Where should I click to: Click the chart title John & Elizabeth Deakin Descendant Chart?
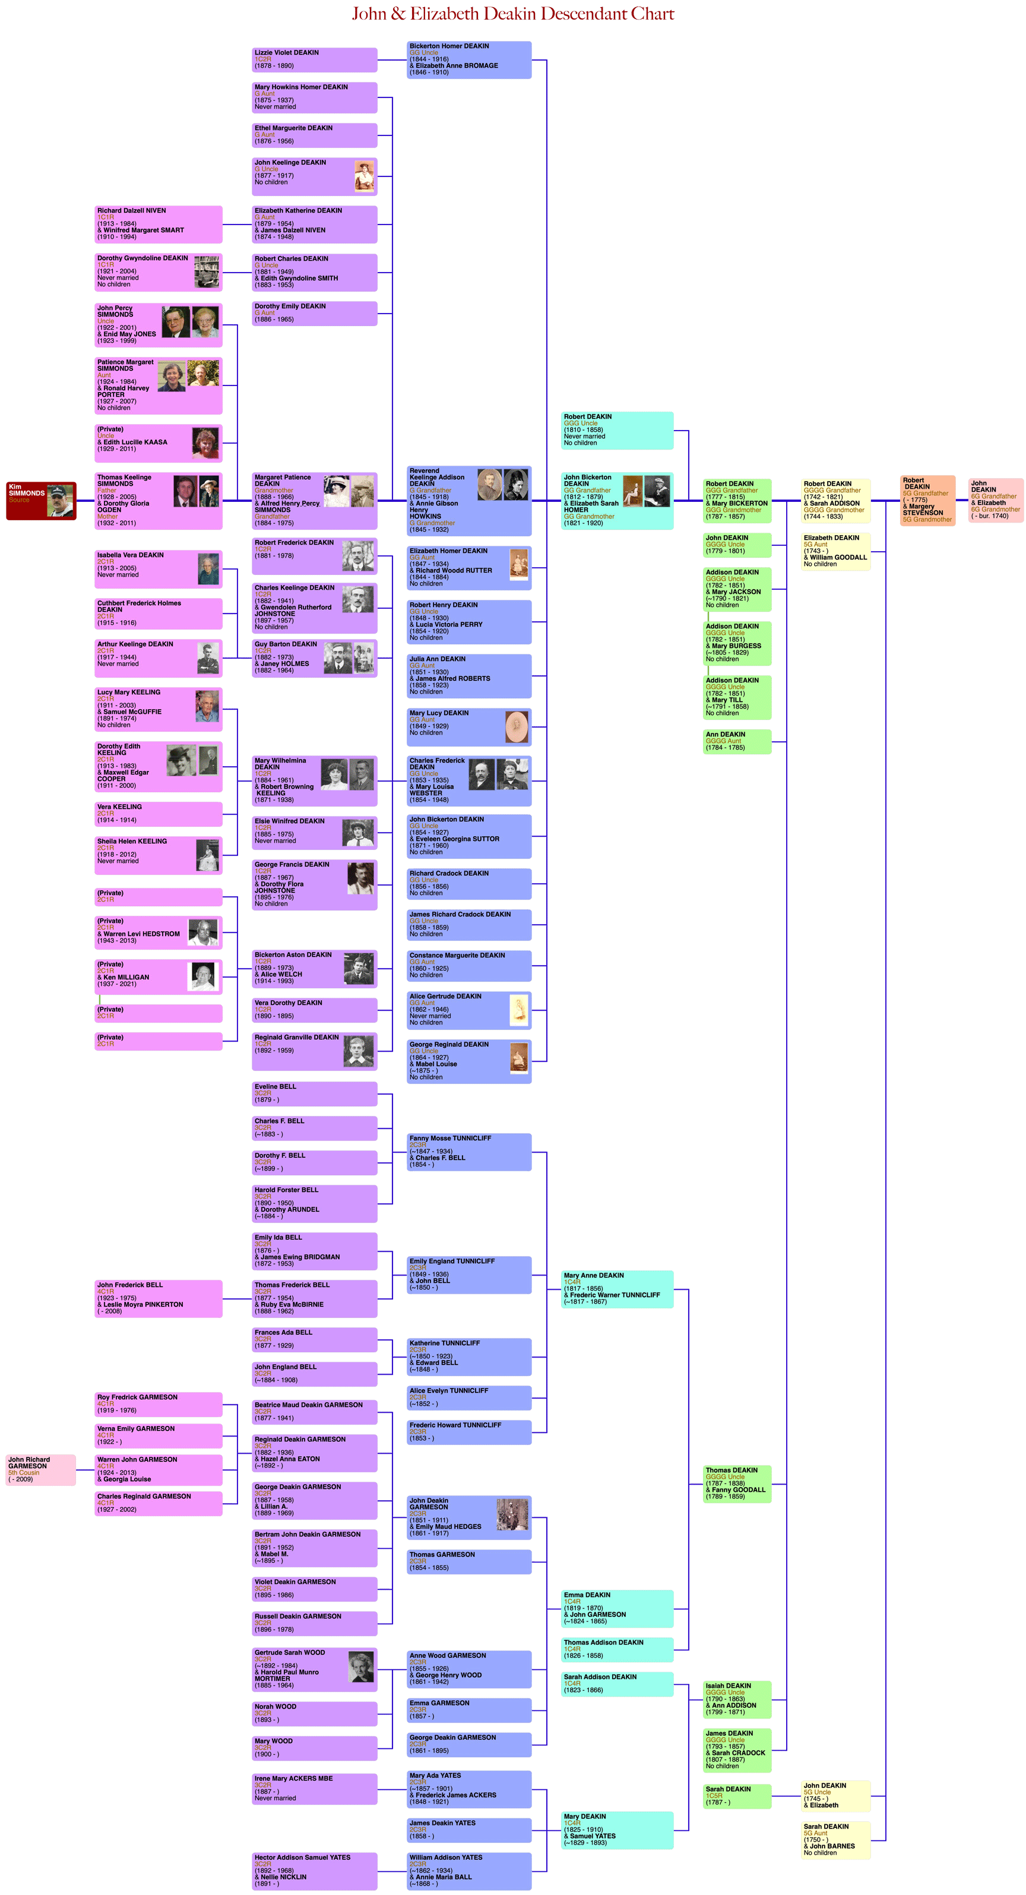pos(512,14)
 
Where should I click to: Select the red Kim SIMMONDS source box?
pos(40,501)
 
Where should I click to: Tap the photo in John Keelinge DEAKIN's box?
pos(364,176)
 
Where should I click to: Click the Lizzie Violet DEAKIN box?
pos(314,59)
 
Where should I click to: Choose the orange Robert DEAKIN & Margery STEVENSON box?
pos(928,500)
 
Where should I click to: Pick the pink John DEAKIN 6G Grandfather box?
pos(995,500)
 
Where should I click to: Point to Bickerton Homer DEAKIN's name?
pos(449,46)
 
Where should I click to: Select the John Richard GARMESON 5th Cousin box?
pos(40,1470)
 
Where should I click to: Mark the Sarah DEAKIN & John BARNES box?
pos(836,1840)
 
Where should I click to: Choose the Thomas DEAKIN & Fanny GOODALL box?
pos(737,1484)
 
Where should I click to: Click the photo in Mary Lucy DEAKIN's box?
pos(517,727)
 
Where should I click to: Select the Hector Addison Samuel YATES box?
pos(314,1871)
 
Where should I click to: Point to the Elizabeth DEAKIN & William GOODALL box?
pos(836,551)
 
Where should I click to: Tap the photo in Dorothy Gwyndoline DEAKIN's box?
pos(207,271)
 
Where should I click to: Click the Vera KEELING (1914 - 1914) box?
pos(158,814)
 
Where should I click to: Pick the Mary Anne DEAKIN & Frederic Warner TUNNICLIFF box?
pos(617,1289)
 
